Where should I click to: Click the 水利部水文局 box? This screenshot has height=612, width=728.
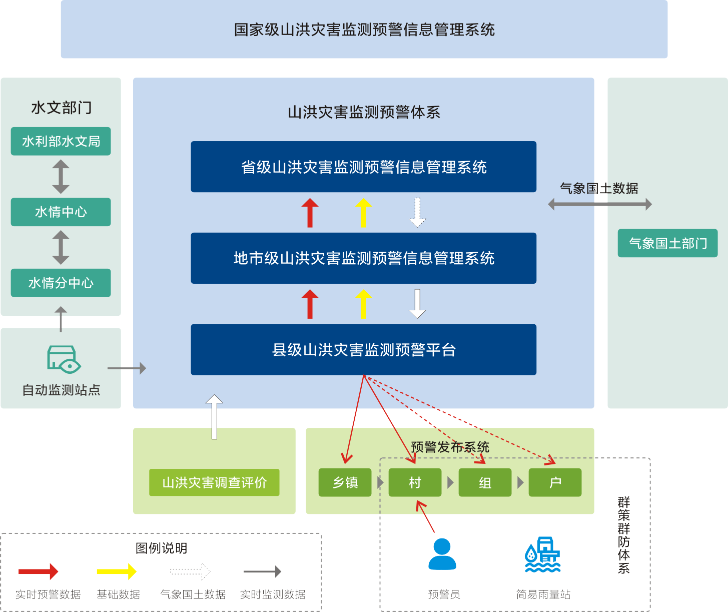click(x=61, y=142)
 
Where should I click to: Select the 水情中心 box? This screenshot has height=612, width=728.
click(x=61, y=212)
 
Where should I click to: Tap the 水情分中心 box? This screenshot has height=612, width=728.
click(x=61, y=283)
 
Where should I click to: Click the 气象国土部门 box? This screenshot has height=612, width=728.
click(x=667, y=244)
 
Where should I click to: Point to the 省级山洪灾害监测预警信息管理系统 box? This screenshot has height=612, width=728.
click(x=363, y=167)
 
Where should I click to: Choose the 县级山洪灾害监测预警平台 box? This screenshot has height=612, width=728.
click(x=363, y=350)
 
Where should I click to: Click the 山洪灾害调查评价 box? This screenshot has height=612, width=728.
click(x=214, y=482)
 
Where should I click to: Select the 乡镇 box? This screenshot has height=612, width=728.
click(x=345, y=482)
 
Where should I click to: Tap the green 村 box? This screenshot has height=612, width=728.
click(x=415, y=482)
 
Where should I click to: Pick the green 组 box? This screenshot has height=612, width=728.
click(x=485, y=482)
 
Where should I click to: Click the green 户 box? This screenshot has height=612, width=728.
click(x=555, y=482)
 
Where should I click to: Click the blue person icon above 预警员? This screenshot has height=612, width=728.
click(x=442, y=554)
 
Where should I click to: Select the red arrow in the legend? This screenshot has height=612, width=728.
click(x=38, y=571)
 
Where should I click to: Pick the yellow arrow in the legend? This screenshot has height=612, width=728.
click(x=117, y=571)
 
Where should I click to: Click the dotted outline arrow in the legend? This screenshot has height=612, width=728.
click(x=190, y=571)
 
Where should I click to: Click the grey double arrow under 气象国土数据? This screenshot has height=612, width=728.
click(x=599, y=204)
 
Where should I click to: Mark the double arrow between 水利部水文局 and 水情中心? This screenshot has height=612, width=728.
click(x=61, y=177)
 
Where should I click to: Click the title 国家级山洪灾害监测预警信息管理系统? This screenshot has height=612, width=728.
click(x=364, y=30)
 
